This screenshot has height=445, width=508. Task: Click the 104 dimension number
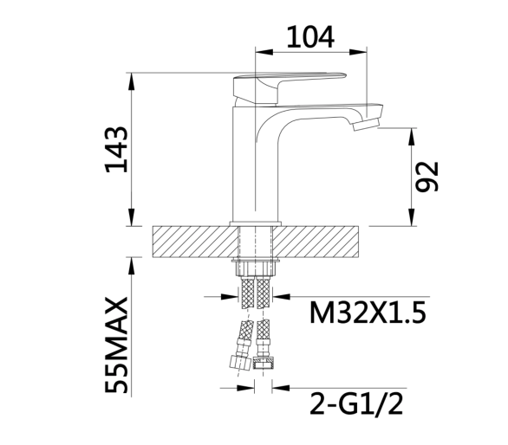click(310, 37)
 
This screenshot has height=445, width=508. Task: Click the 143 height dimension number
click(116, 150)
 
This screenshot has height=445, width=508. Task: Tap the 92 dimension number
click(427, 177)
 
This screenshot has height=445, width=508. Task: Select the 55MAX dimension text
click(116, 345)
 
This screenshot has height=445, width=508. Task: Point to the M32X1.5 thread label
click(368, 313)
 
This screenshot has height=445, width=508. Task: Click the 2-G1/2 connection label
click(356, 403)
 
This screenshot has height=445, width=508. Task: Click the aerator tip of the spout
click(366, 124)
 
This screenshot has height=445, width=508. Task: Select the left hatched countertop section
click(195, 242)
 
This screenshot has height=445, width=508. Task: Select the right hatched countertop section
click(316, 242)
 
